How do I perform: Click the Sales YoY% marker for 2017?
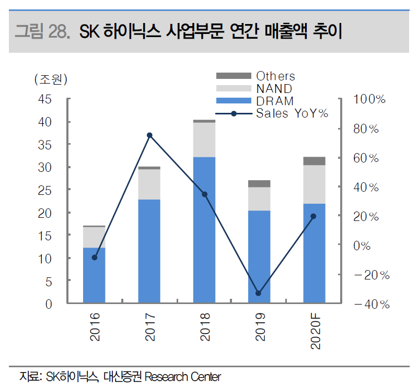coord(149,135)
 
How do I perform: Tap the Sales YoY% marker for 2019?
coord(259,294)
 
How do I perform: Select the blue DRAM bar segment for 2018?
coord(204,230)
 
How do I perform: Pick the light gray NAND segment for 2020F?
coord(314,184)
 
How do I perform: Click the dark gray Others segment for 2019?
coord(259,183)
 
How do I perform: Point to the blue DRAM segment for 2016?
coord(94,275)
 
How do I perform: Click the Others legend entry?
coord(275,76)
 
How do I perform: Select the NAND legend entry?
coord(274,89)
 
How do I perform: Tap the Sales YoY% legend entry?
coord(292,113)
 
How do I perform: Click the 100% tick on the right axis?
coord(369,99)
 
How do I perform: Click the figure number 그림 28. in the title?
coord(42,32)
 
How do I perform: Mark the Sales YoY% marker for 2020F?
coord(313,216)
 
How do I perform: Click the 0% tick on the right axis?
coord(366,246)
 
